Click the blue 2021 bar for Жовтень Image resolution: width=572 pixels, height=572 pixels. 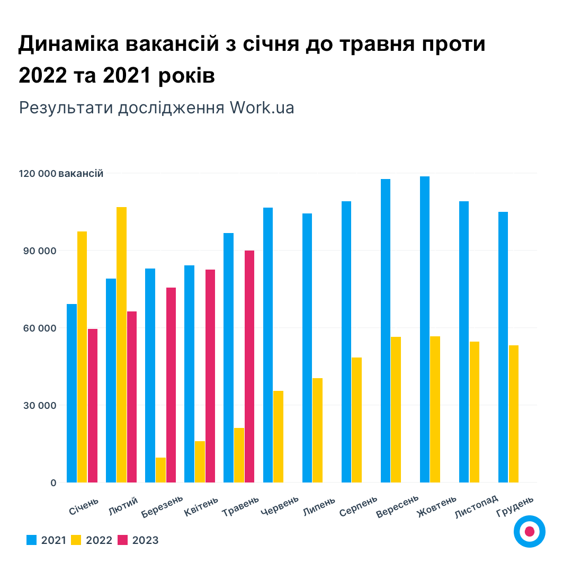(x=425, y=329)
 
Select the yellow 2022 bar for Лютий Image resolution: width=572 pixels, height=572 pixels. (x=121, y=344)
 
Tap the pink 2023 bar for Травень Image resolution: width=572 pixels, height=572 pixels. (x=249, y=366)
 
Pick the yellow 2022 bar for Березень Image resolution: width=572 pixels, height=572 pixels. (x=160, y=470)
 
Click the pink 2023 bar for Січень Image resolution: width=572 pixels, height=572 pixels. (x=93, y=405)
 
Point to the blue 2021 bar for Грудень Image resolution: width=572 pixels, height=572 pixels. (x=503, y=347)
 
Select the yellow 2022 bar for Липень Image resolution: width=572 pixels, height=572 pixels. (x=317, y=430)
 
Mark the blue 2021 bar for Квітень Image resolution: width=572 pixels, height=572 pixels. (x=189, y=373)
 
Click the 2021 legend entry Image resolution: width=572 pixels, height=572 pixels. (x=46, y=540)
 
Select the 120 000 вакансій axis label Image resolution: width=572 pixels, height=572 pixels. (x=61, y=174)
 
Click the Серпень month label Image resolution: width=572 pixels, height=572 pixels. (x=359, y=506)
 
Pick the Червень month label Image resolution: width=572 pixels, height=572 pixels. (x=280, y=506)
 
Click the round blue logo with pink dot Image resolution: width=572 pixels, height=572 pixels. (x=530, y=531)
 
